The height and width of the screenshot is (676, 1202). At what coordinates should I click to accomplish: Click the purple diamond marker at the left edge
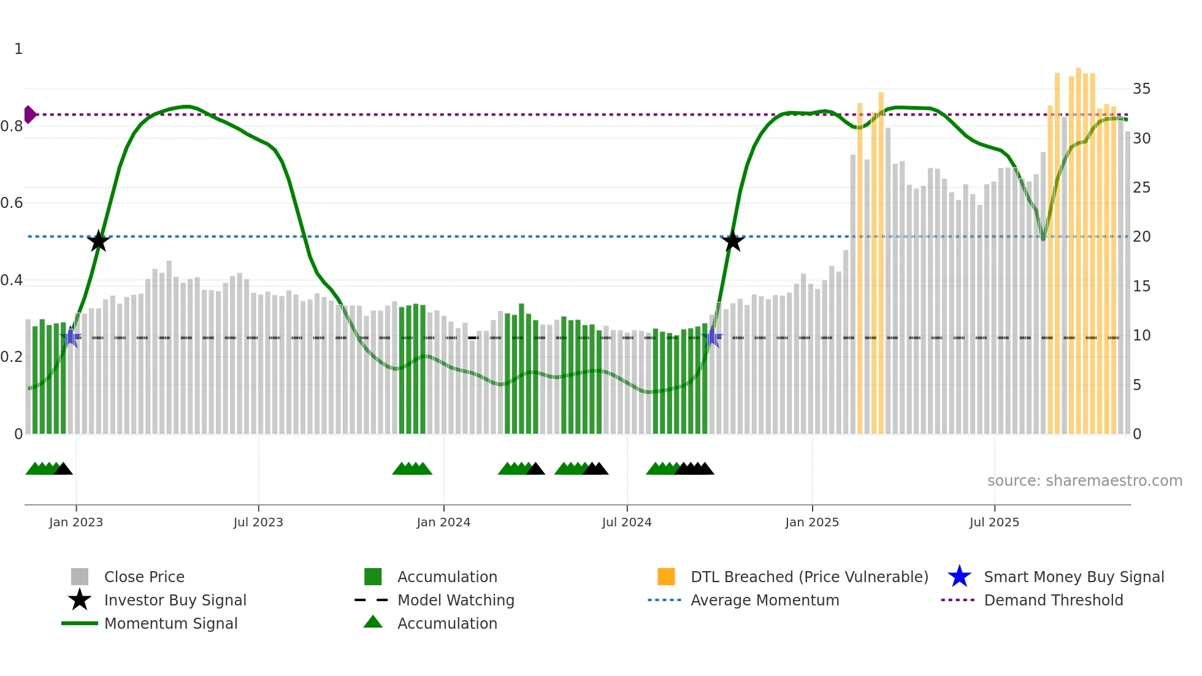[x=29, y=115]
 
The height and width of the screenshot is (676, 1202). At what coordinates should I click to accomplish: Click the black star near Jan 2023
[x=98, y=241]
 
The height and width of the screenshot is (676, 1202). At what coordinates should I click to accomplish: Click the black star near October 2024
[x=732, y=241]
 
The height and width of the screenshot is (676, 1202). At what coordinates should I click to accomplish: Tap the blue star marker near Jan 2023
[x=71, y=337]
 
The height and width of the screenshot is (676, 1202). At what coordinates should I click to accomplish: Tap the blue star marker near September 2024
[x=713, y=337]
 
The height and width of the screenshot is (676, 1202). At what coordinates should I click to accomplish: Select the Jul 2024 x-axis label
[x=627, y=523]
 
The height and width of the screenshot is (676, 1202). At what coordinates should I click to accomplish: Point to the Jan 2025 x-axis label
[x=812, y=523]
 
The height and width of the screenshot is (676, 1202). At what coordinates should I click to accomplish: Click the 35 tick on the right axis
[x=1141, y=90]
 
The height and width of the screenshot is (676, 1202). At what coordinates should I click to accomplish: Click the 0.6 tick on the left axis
[x=12, y=203]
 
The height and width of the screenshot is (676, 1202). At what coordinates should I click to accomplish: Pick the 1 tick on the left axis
[x=18, y=49]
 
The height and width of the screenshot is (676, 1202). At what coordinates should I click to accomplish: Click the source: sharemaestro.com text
[x=1084, y=481]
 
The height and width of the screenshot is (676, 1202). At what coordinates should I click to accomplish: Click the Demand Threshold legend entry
[x=1053, y=601]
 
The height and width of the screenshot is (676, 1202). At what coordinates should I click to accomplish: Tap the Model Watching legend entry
[x=455, y=601]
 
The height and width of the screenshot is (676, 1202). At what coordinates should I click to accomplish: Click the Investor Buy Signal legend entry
[x=175, y=601]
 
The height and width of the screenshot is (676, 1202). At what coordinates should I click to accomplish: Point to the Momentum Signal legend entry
[x=170, y=624]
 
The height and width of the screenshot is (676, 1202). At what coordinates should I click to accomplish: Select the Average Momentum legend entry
[x=764, y=601]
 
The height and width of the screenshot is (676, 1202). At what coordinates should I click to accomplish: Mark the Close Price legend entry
[x=144, y=577]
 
